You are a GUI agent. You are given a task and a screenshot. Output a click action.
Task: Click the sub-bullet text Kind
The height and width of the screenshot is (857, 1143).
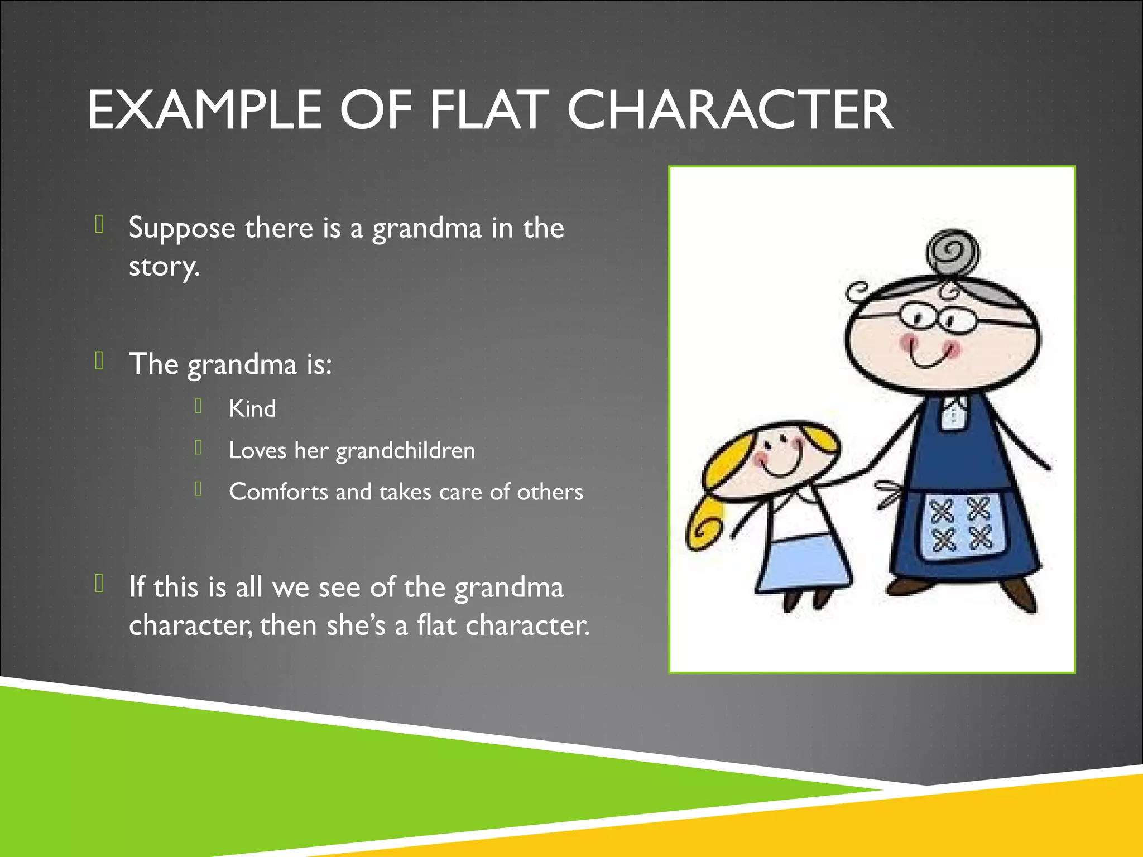coord(252,409)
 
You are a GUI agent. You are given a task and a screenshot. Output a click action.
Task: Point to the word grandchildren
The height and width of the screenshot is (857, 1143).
coord(405,451)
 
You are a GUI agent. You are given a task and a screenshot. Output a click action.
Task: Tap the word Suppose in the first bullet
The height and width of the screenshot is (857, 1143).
coord(182,229)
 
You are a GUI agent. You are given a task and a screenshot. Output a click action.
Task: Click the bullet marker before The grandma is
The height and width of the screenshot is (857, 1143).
coord(99,361)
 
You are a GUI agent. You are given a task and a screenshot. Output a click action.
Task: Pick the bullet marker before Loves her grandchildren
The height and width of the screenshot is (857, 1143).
coord(198,447)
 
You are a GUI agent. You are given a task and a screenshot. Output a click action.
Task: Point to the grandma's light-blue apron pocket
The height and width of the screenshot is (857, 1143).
coord(961,525)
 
